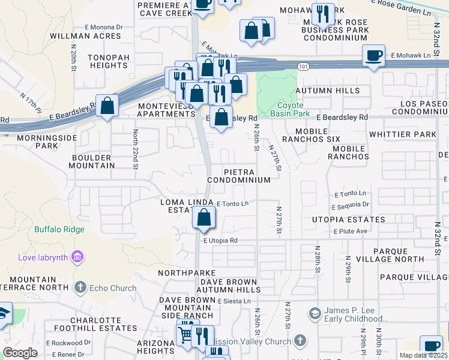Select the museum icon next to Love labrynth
point(76,258)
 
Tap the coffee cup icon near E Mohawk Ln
point(374,56)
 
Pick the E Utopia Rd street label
point(220,241)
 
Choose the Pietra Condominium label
point(239,176)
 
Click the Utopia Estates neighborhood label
point(348,220)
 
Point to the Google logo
point(20,353)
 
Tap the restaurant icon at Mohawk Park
point(324,14)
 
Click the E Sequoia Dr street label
point(352,205)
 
